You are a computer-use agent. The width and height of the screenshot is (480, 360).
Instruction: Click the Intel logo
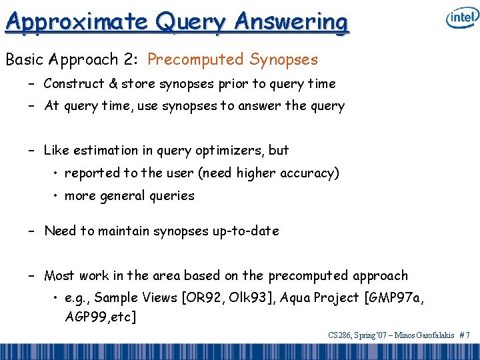463,17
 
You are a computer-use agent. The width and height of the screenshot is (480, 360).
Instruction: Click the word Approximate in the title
77,21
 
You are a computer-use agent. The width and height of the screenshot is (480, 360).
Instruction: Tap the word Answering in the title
291,22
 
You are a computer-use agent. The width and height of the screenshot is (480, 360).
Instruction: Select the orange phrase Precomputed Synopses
233,59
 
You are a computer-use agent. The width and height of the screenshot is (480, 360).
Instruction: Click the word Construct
74,83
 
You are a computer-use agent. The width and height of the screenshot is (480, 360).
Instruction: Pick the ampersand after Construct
113,83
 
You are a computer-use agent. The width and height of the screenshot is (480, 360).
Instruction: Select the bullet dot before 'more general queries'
55,195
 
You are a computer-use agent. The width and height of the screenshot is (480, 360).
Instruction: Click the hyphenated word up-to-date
246,231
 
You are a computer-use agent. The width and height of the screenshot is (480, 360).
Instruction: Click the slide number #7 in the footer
465,335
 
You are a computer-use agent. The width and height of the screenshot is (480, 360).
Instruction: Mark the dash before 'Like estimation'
31,151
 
